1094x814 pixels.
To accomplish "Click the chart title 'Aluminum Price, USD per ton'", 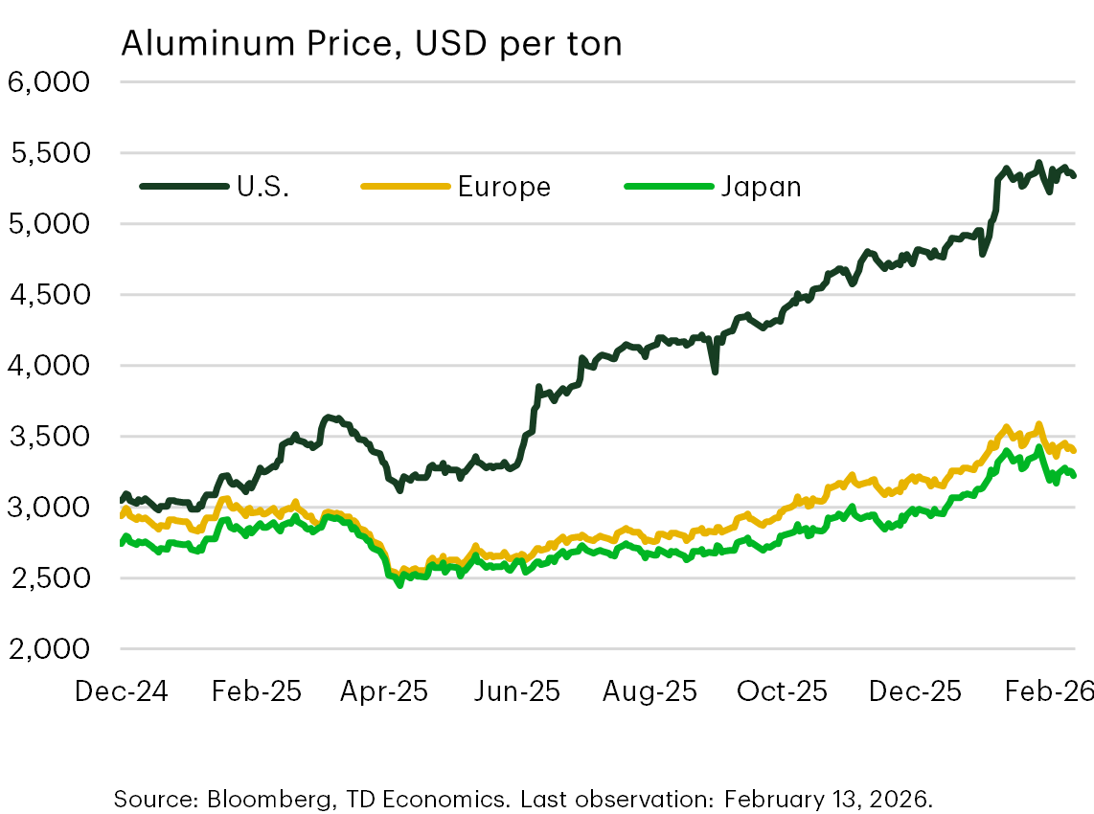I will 371,43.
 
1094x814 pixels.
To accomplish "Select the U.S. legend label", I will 262,186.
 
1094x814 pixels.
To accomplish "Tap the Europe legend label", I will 504,186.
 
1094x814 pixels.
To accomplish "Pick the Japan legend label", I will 761,186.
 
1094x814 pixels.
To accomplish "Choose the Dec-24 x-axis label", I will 121,691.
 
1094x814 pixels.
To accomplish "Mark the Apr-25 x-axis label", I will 384,691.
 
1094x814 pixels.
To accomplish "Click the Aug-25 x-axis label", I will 649,691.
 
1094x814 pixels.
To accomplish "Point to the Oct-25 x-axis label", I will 781,691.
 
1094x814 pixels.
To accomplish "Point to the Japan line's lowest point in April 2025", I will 399,584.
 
